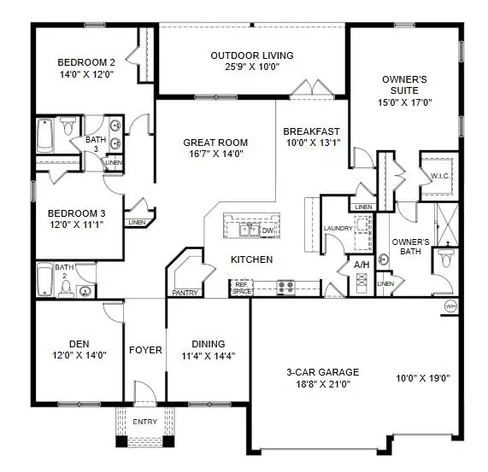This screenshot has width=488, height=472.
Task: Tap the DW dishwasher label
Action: click(267, 230)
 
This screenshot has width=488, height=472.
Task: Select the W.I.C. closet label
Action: click(440, 177)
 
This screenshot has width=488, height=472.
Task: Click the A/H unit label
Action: click(362, 265)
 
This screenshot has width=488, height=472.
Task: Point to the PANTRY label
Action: click(185, 293)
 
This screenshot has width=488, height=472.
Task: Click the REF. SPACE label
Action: click(241, 288)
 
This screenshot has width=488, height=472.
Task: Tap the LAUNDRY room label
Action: click(338, 228)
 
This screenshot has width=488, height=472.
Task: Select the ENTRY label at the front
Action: click(144, 422)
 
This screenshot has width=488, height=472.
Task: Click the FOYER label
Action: click(145, 350)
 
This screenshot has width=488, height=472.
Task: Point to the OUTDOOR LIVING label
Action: click(252, 56)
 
